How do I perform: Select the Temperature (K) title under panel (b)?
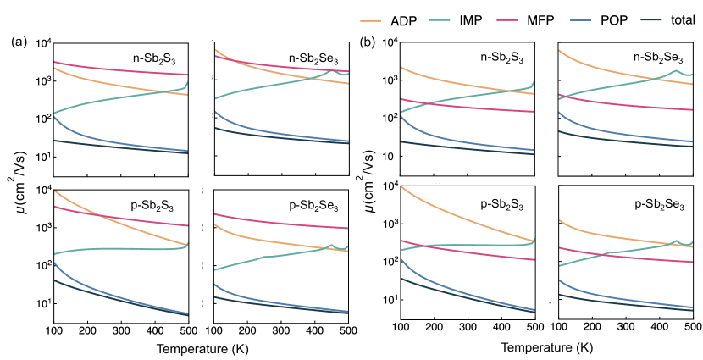545,347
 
